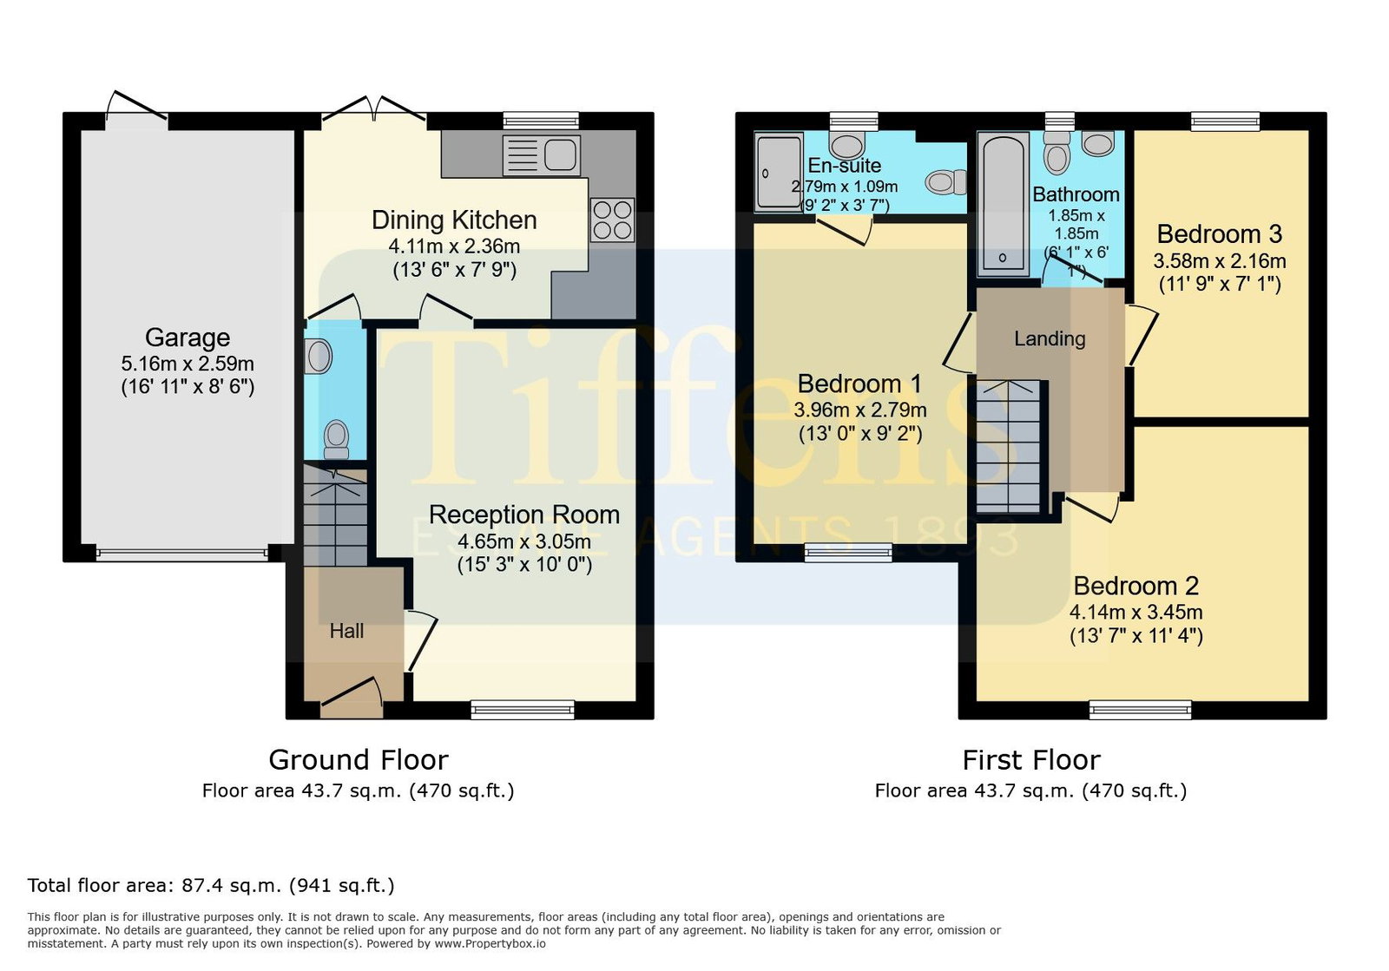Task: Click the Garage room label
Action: [x=188, y=338]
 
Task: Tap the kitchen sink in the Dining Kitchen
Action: [x=542, y=155]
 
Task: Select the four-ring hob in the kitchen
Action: [x=613, y=220]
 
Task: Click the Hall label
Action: [x=346, y=631]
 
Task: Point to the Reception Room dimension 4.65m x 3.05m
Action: [x=524, y=541]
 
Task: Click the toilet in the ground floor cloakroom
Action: [x=336, y=439]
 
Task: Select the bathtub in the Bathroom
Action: [x=1003, y=205]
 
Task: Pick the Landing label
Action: [x=1050, y=338]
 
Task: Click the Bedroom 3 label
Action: [x=1219, y=234]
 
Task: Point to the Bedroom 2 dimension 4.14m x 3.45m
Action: [x=1136, y=613]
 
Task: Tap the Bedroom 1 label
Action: [x=859, y=384]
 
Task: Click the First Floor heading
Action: [x=1031, y=760]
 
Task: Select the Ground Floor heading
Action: [x=359, y=760]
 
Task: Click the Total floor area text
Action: [x=211, y=885]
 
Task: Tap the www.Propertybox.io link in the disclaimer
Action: [x=490, y=944]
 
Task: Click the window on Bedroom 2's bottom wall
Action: [x=1141, y=710]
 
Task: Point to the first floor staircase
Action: [x=1008, y=446]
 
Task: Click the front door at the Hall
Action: [x=352, y=699]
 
